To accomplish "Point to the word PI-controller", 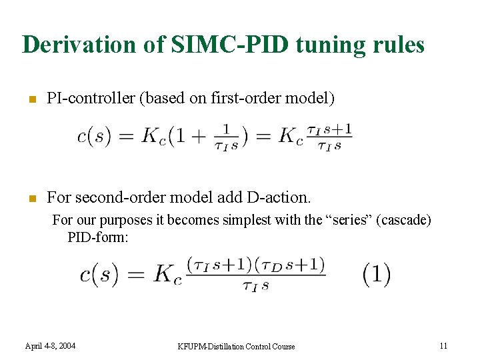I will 91,99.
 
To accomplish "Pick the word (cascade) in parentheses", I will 403,220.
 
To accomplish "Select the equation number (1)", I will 377,274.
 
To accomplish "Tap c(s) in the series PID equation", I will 99,275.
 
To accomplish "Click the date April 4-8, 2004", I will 50,345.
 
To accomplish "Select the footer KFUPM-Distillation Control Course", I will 236,346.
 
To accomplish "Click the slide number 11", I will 443,345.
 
